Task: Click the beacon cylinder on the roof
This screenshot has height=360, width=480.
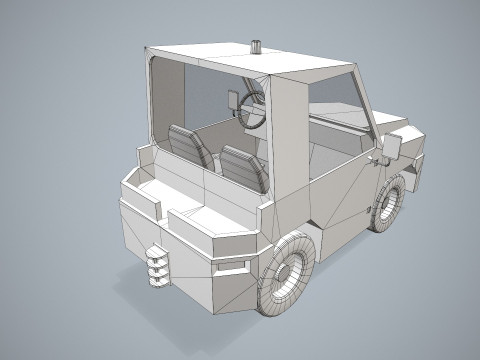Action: tap(255, 46)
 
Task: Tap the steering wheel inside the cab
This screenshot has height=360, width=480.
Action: tap(253, 106)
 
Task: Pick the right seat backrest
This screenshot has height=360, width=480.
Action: tap(243, 166)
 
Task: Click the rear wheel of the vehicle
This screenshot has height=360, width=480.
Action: tap(288, 274)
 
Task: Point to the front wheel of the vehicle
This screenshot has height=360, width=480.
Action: tap(390, 204)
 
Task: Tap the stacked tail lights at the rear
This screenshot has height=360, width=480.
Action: tap(156, 265)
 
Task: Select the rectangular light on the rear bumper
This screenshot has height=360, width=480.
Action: tap(232, 266)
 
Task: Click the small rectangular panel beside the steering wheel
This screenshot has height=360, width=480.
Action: tap(234, 101)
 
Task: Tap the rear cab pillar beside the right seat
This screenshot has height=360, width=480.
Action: tap(282, 150)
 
